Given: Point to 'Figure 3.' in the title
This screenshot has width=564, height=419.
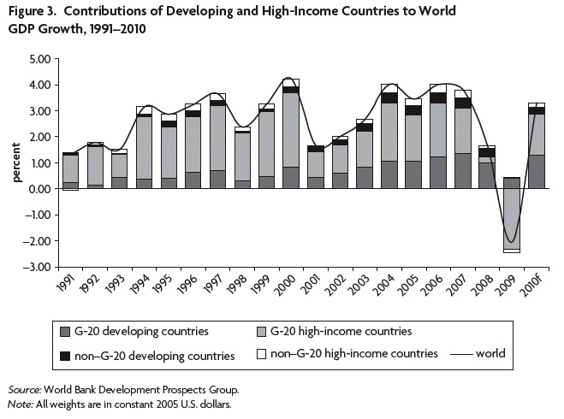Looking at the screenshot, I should pyautogui.click(x=34, y=11).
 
